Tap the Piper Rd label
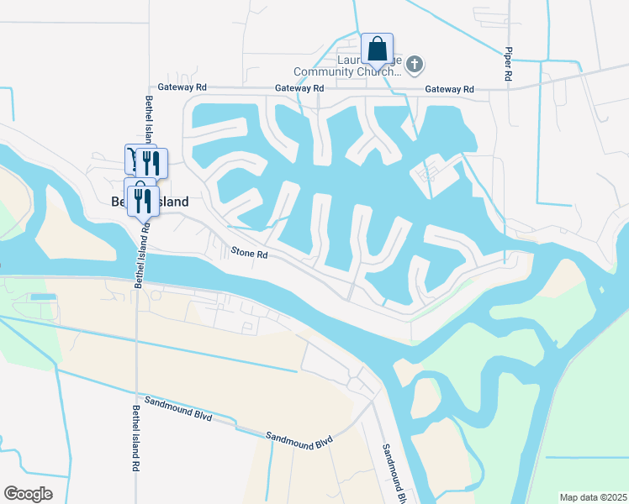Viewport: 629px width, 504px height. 509,64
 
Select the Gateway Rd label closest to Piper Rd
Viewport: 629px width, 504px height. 449,89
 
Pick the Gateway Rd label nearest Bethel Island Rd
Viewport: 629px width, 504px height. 182,87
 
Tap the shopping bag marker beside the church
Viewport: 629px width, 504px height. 377,48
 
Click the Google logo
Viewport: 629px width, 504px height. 28,494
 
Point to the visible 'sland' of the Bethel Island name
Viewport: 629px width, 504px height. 172,202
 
